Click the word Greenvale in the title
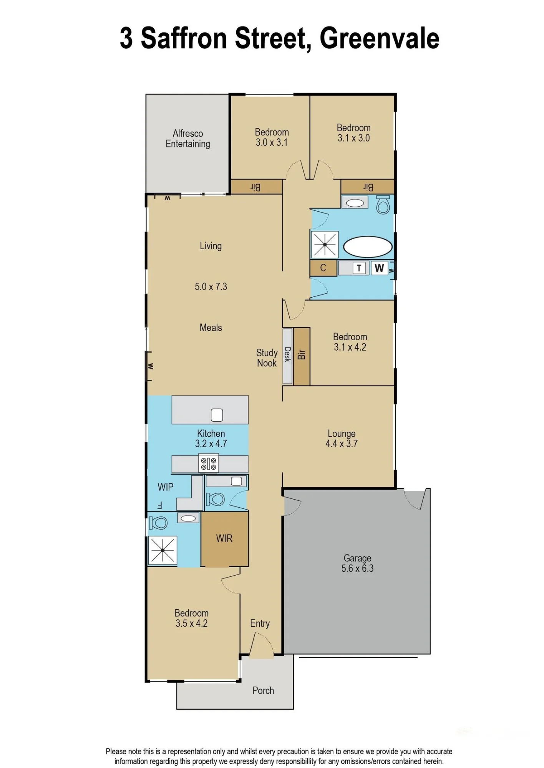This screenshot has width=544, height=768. click(x=379, y=38)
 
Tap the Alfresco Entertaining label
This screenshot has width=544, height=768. click(x=188, y=139)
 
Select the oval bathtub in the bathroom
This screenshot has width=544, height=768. click(x=368, y=247)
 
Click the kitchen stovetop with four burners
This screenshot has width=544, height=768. click(x=209, y=463)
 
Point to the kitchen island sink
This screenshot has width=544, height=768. click(x=217, y=415)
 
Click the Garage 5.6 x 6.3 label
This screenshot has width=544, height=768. click(x=357, y=563)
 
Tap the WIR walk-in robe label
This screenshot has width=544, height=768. click(x=224, y=538)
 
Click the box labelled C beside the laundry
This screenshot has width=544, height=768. click(x=323, y=268)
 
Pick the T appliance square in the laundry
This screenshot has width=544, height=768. click(x=359, y=268)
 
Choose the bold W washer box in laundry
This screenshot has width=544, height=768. click(x=379, y=268)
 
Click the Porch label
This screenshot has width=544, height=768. click(x=263, y=690)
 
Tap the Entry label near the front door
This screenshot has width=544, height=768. click(x=260, y=623)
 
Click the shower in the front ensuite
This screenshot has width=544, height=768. click(x=163, y=550)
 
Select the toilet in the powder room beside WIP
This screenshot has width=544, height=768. click(x=216, y=499)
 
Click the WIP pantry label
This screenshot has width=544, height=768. click(x=166, y=487)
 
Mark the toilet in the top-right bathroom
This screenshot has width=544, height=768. click(x=383, y=205)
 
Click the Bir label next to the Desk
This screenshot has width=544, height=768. click(x=302, y=354)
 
